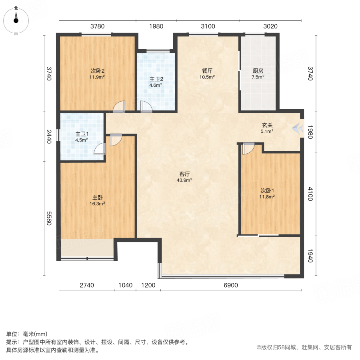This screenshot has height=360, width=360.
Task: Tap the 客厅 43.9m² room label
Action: click(184, 177)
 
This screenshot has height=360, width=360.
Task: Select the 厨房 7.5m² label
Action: click(258, 74)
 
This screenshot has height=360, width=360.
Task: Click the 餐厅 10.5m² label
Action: click(208, 74)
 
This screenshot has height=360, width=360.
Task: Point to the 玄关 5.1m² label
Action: click(267, 128)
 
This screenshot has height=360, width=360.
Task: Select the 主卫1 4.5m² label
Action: click(82, 137)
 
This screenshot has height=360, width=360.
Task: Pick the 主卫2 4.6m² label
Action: click(156, 82)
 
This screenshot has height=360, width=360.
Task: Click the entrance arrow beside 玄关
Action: click(297, 128)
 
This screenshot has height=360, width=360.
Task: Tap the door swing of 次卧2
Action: click(120, 106)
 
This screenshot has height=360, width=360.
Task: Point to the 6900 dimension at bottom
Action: click(230, 285)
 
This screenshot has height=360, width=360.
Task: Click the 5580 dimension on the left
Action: click(49, 218)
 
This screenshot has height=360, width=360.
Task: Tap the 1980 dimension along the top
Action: click(156, 26)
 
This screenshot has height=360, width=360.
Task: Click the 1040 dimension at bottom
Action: click(125, 285)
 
